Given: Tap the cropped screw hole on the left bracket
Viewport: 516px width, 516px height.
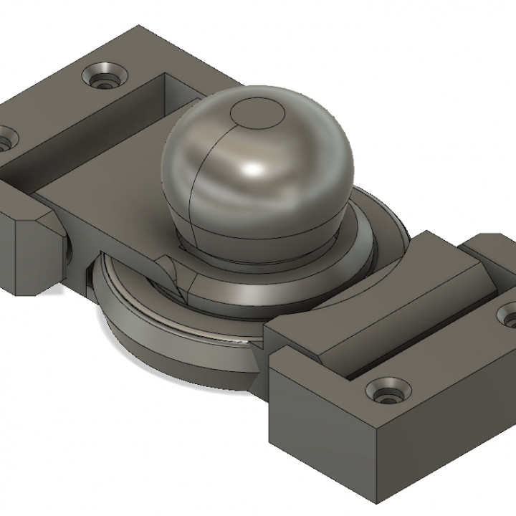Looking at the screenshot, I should pyautogui.click(x=6, y=139).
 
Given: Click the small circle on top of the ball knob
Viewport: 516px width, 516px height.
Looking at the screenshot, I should pyautogui.click(x=255, y=115).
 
